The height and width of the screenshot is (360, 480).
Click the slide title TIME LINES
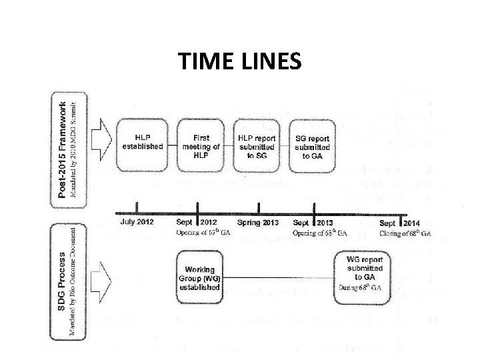click(240, 61)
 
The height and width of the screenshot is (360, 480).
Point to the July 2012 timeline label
click(137, 221)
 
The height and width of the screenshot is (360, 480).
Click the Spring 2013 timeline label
click(257, 221)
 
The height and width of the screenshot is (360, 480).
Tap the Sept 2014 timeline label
click(400, 221)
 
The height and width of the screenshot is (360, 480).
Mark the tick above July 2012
click(137, 207)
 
